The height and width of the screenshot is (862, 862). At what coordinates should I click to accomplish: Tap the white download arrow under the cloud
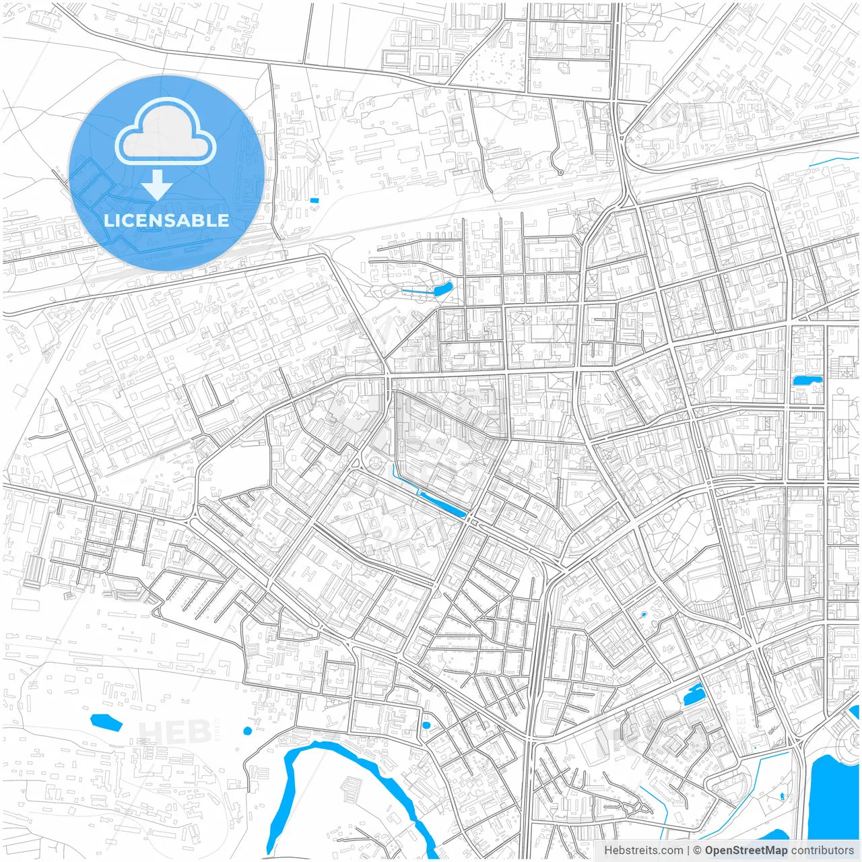click(x=157, y=186)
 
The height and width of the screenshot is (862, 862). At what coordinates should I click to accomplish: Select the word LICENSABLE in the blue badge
click(x=166, y=220)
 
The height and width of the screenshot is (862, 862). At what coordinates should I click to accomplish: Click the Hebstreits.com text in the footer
click(x=643, y=851)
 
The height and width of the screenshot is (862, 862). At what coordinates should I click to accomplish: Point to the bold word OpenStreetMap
click(x=745, y=851)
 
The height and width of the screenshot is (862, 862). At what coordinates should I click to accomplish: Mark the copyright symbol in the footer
click(x=698, y=851)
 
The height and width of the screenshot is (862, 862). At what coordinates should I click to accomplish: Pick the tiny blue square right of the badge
click(x=314, y=200)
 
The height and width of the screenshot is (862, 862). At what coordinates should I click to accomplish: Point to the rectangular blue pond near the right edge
click(x=807, y=380)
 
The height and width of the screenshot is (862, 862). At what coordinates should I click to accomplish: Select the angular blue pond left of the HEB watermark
click(x=106, y=723)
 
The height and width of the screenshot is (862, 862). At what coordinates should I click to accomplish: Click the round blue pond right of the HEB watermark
click(x=247, y=731)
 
